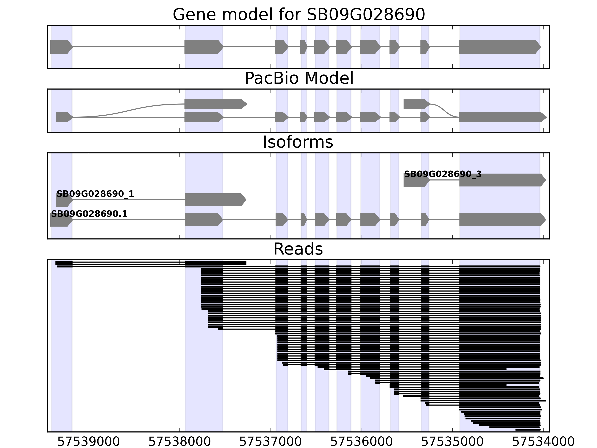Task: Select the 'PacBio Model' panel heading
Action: click(x=298, y=78)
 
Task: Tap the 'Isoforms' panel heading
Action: click(x=298, y=142)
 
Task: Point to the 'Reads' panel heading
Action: click(x=298, y=249)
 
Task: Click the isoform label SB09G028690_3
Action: click(x=443, y=174)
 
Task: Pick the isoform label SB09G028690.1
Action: click(x=89, y=214)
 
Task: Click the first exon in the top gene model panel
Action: click(x=61, y=47)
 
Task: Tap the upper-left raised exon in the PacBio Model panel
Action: click(x=215, y=104)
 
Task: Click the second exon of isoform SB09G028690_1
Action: click(x=215, y=200)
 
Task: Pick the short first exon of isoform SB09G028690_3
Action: click(x=416, y=180)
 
